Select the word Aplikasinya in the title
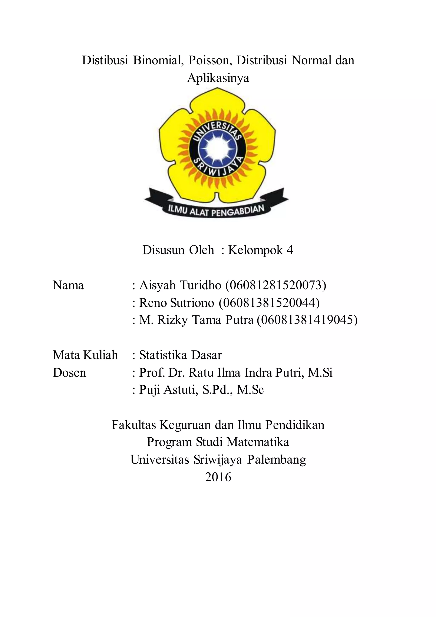(x=218, y=78)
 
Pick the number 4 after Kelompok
(x=290, y=250)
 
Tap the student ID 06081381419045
(x=307, y=320)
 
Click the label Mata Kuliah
(x=85, y=355)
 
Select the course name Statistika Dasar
(x=180, y=355)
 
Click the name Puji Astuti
(x=167, y=390)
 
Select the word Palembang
(x=277, y=460)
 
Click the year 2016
(x=218, y=477)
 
